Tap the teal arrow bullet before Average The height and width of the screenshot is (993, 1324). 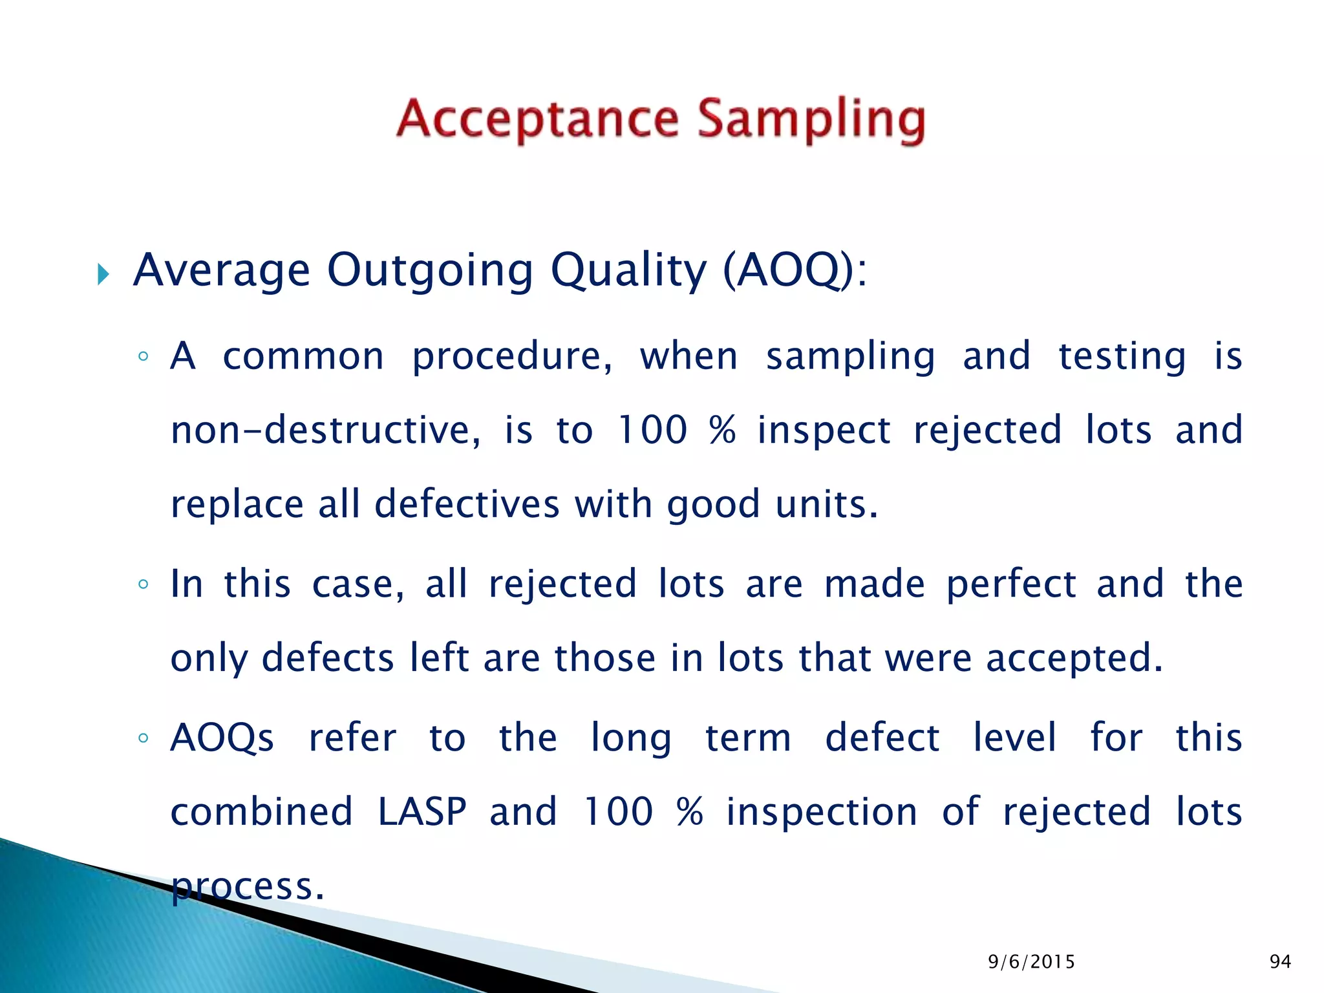(x=103, y=274)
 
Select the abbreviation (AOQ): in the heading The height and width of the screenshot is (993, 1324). (x=794, y=270)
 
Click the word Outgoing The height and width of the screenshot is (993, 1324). (x=430, y=270)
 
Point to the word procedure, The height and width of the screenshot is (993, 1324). (x=512, y=358)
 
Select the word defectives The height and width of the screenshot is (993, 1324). (x=467, y=504)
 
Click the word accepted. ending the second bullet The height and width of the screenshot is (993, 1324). (x=1074, y=659)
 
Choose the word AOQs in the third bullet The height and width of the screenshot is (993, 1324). (x=222, y=738)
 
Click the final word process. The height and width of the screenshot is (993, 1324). (x=247, y=887)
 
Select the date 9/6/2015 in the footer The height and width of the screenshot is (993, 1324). (x=1031, y=962)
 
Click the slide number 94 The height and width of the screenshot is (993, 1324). (x=1280, y=962)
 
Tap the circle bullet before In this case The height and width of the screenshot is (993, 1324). (x=144, y=584)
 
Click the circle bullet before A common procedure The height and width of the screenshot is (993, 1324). (x=144, y=356)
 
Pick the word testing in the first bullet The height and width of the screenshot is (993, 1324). (x=1122, y=358)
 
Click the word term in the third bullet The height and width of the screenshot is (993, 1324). (x=748, y=738)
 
